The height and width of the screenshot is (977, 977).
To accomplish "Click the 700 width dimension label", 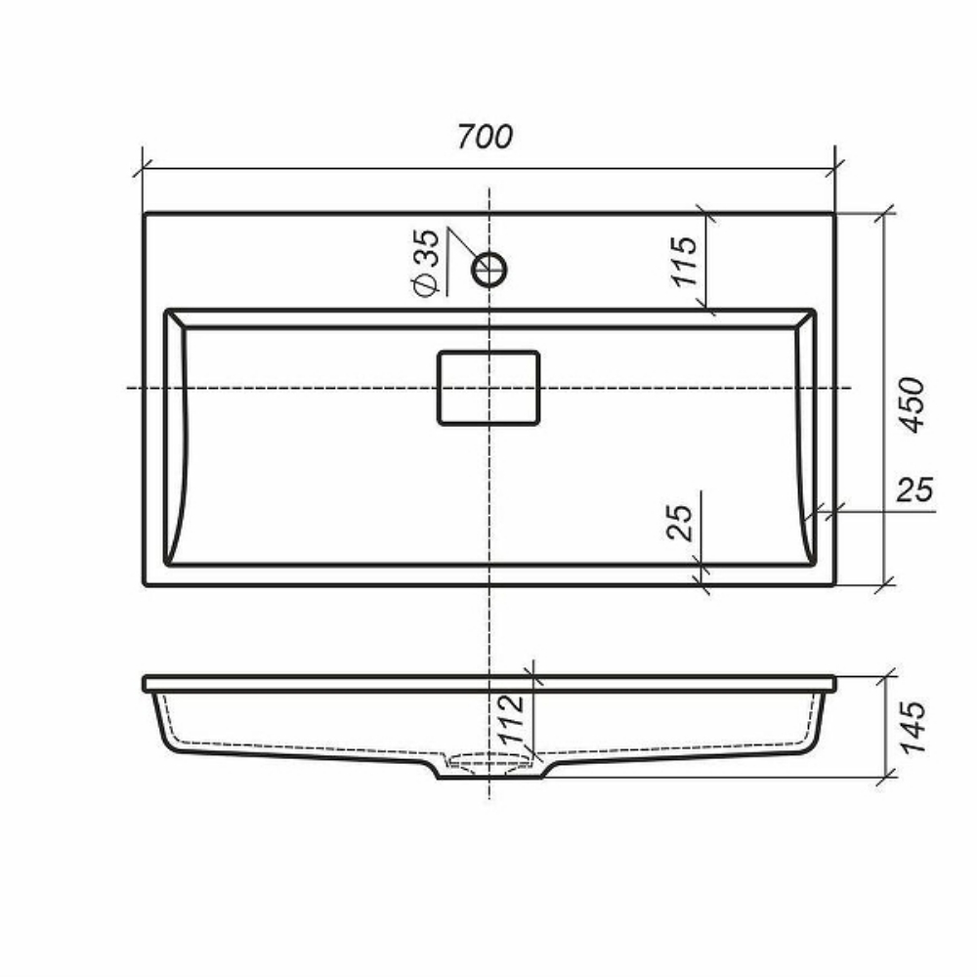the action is [485, 137].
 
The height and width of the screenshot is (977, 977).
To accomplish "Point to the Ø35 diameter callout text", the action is [426, 262].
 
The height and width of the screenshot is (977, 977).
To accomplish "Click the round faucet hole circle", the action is [489, 270].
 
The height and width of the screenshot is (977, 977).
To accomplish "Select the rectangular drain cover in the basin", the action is [488, 388].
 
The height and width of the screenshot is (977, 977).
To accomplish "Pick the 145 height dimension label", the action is [913, 727].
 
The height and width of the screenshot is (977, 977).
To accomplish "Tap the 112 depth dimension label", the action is [513, 718].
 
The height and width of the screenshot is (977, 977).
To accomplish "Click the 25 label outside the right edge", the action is [914, 489].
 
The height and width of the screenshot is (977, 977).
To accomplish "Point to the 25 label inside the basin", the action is [679, 522].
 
